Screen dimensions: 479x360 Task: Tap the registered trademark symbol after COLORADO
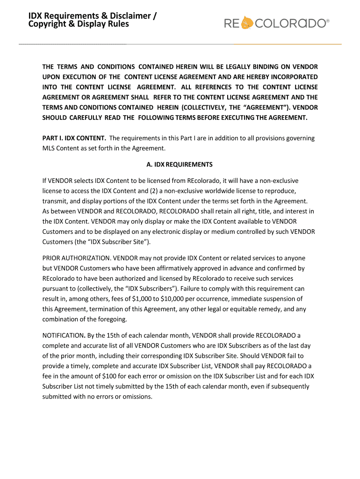coord(327,21)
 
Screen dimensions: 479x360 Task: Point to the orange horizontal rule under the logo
coord(287,44)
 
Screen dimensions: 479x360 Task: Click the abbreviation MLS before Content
coord(49,148)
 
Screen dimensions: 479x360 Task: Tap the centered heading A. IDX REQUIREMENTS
coord(180,164)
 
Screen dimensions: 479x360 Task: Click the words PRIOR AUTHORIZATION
coord(76,258)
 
